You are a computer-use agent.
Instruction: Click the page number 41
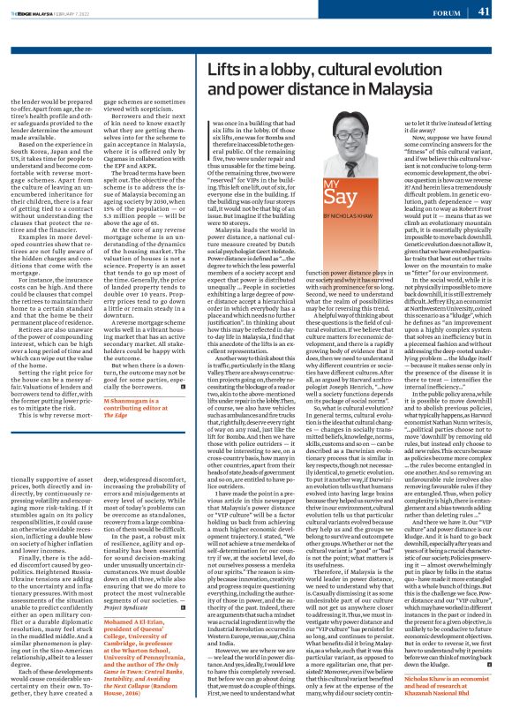pos(485,11)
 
